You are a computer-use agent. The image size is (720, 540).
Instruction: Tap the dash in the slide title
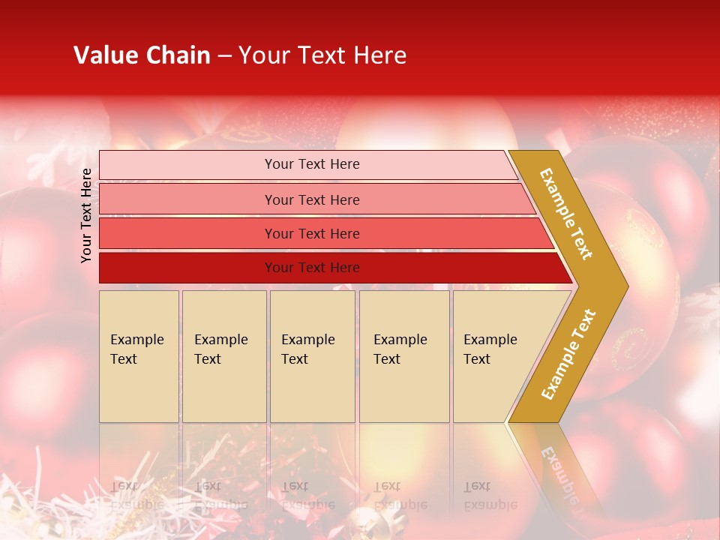coord(224,56)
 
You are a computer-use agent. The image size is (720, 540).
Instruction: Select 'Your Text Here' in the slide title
coord(322,55)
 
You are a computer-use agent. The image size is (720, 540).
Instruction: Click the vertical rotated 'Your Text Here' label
coord(86,215)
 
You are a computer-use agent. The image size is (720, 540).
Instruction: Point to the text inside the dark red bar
coord(312,268)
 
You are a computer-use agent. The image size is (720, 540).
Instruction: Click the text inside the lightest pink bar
coord(312,164)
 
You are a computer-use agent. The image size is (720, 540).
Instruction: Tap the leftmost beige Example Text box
coord(139,356)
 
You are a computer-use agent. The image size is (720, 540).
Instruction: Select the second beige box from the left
coord(224,356)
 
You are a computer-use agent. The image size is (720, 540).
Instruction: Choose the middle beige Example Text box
coord(312,356)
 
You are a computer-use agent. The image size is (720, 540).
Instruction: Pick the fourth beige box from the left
coord(404,356)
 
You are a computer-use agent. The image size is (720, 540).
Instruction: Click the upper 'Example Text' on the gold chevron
coord(566,214)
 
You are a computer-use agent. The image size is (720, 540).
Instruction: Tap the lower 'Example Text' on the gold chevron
coord(568,355)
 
